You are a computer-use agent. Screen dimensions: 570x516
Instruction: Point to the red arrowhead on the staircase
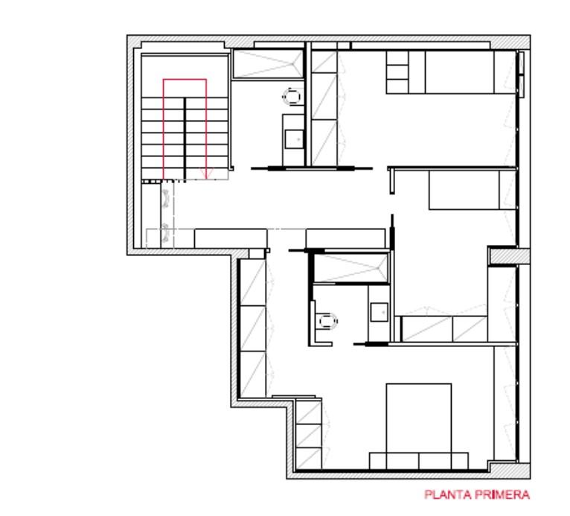coord(206,173)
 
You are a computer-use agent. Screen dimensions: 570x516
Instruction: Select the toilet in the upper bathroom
coord(292,96)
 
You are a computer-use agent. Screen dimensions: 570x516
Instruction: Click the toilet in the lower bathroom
coord(327,322)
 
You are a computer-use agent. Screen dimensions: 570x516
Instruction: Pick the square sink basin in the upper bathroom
coord(295,139)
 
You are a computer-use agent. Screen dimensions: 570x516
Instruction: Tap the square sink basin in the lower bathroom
coord(380,313)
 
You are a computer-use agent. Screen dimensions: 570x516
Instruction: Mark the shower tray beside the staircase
coord(268,64)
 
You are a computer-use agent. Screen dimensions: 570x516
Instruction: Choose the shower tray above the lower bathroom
coord(351,268)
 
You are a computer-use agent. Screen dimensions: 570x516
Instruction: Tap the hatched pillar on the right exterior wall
coord(509,255)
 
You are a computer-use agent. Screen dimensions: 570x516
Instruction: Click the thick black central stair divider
coord(185,139)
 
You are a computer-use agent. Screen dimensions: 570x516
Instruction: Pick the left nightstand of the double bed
coord(378,461)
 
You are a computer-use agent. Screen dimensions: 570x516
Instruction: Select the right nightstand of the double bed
coord(460,461)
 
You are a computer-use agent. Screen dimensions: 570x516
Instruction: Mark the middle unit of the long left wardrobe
coord(253,328)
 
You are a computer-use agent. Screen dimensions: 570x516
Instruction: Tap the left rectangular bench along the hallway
coord(231,238)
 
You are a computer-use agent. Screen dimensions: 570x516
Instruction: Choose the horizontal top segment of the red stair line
coord(185,79)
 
